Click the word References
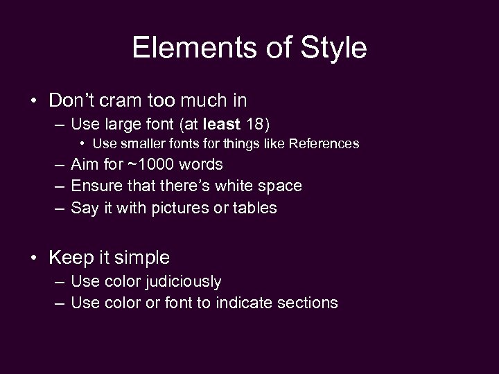[324, 144]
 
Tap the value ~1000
[152, 164]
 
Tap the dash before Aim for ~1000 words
[58, 164]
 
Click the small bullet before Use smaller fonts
[82, 144]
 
